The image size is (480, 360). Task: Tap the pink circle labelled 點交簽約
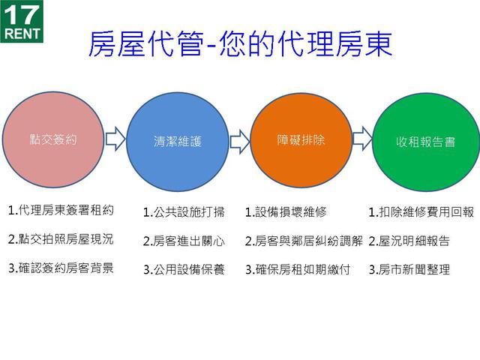click(53, 139)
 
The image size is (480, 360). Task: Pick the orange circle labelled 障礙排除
click(295, 139)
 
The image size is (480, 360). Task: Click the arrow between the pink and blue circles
click(115, 139)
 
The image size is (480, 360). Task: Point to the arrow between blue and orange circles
click(239, 140)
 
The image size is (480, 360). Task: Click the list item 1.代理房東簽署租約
click(61, 211)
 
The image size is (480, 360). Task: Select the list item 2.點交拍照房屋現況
click(61, 239)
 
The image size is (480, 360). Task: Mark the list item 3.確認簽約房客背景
click(61, 268)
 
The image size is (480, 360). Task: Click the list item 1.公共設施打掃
click(184, 212)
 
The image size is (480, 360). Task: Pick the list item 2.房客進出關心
click(184, 241)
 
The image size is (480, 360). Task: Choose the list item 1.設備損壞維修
click(286, 212)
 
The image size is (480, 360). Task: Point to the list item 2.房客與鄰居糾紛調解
click(304, 241)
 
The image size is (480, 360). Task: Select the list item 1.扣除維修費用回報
click(421, 212)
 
